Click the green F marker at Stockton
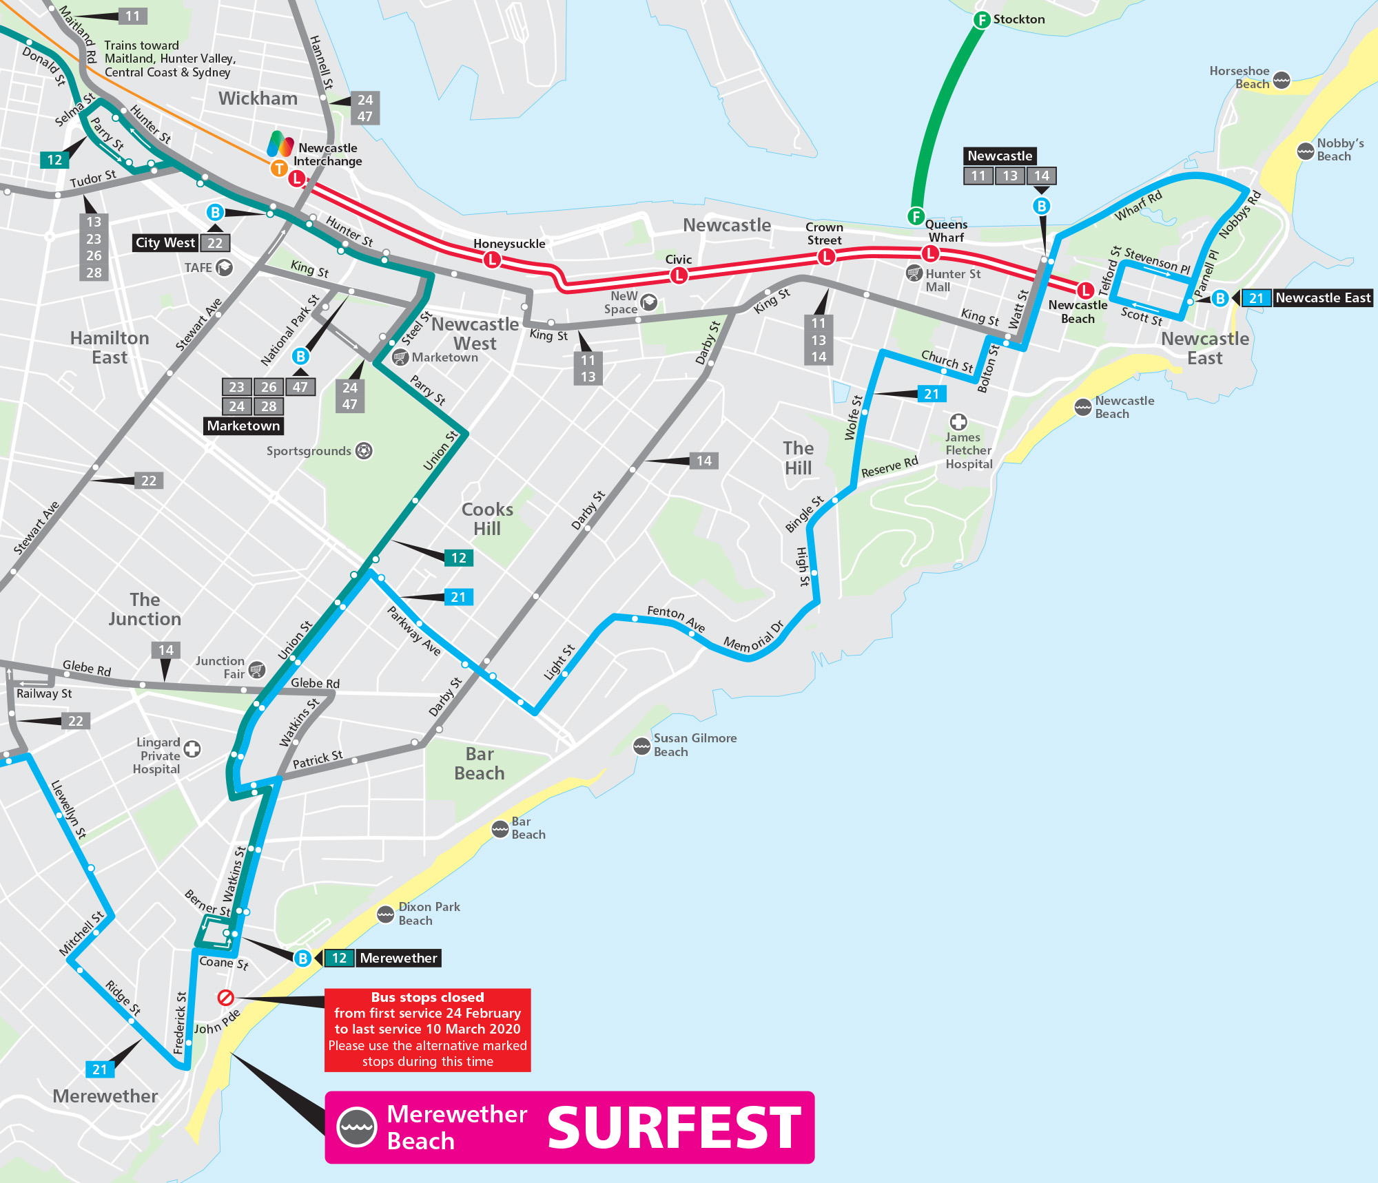pos(982,20)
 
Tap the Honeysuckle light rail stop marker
pos(492,260)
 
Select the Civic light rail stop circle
pos(679,275)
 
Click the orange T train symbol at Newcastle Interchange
pos(278,168)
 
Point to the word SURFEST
pos(674,1128)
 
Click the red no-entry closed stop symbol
pos(225,997)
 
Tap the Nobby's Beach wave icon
pos(1305,151)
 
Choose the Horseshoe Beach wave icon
pos(1282,80)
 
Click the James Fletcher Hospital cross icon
pos(958,421)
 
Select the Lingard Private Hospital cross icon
pos(192,748)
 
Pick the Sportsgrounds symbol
pos(364,451)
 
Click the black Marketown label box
pos(243,426)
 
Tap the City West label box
pos(165,242)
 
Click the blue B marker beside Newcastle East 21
pos(1220,298)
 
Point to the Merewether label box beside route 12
pos(398,958)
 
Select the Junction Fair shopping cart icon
pos(257,669)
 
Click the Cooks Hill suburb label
pos(487,519)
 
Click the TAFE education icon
pos(224,267)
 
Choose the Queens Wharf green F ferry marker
pos(916,216)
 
